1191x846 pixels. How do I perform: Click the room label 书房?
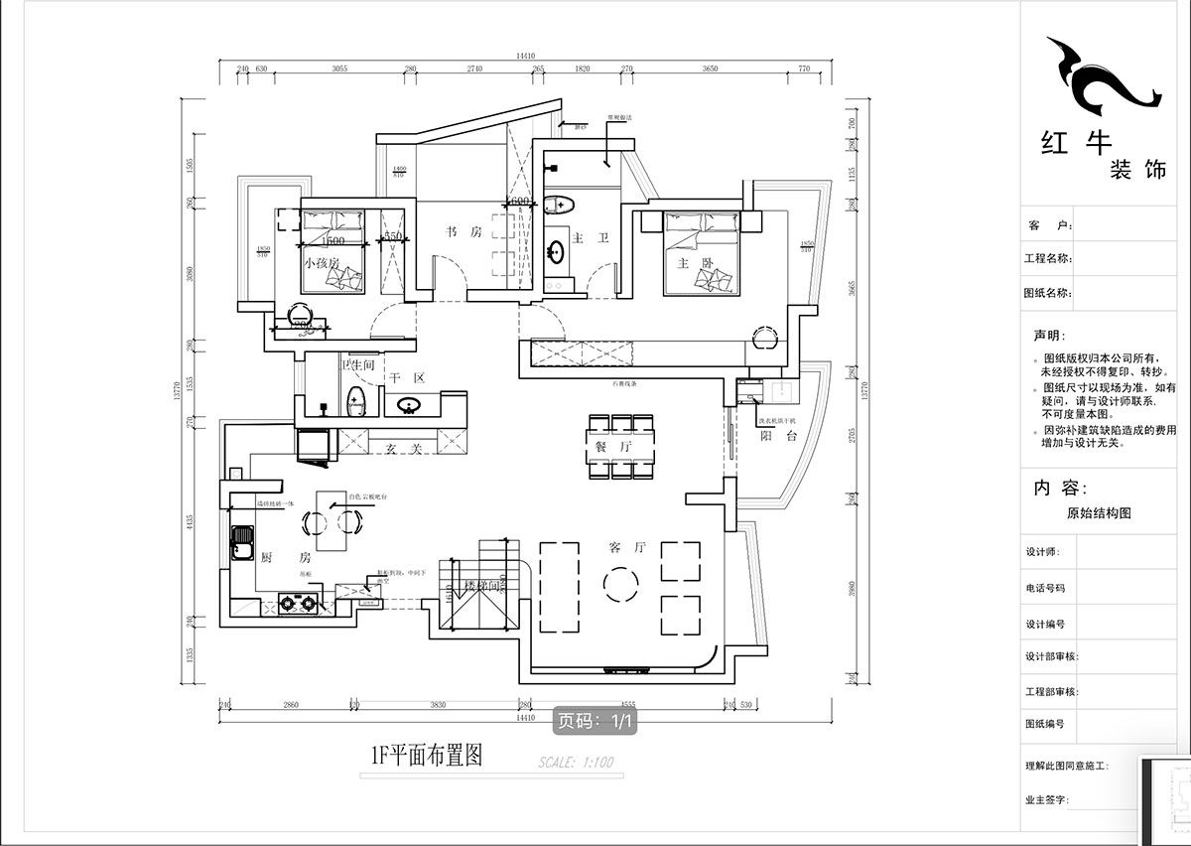463,232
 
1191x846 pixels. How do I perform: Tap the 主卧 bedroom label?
689,263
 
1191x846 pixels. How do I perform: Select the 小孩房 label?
322,263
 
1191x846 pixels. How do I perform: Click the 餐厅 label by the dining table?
606,448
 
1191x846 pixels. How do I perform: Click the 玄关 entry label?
404,450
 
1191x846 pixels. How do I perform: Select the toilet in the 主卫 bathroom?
560,206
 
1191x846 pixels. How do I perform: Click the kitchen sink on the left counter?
241,542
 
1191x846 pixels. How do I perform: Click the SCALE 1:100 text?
576,764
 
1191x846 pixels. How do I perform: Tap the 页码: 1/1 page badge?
594,722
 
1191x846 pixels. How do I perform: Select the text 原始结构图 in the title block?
1098,513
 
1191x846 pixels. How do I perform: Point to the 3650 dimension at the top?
710,70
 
